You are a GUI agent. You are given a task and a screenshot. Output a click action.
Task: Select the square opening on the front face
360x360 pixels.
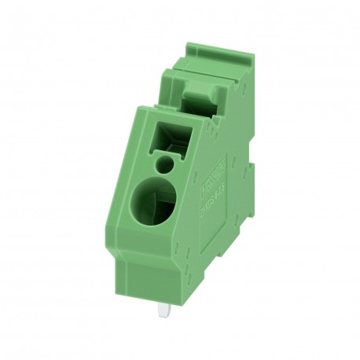[x=177, y=134]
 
